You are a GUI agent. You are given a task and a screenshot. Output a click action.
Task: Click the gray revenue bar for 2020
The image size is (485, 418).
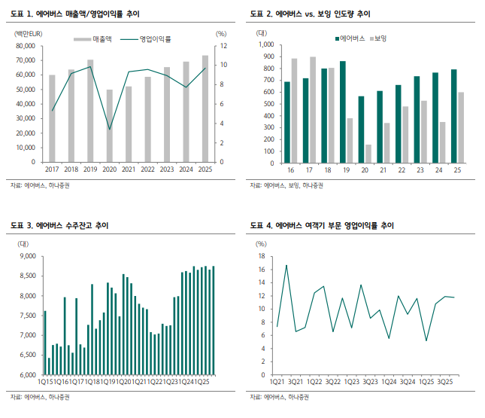110,126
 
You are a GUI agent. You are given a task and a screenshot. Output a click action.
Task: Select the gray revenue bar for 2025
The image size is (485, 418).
205,108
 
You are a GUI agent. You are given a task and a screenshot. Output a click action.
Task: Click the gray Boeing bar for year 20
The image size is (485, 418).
368,154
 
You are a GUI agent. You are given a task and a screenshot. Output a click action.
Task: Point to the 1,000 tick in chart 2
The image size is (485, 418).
266,44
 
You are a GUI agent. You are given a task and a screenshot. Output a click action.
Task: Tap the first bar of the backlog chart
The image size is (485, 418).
45,343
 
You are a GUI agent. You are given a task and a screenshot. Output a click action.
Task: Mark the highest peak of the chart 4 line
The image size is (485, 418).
286,265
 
